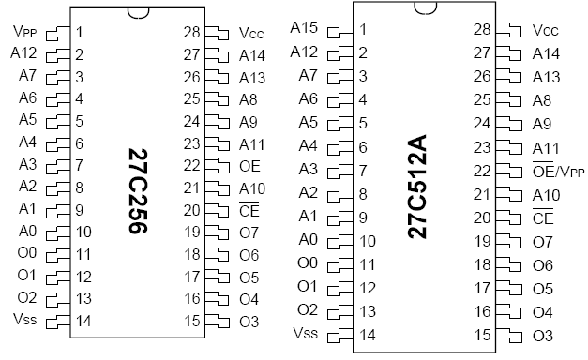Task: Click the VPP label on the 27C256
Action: [x=24, y=32]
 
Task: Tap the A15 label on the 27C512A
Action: [x=304, y=27]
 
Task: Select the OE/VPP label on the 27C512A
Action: [x=558, y=171]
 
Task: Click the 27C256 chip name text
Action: [x=138, y=191]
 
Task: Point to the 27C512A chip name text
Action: [x=417, y=187]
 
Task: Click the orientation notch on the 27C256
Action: [x=138, y=12]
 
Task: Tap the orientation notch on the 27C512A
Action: [x=425, y=8]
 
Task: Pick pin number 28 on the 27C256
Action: [x=191, y=32]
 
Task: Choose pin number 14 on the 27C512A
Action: [x=368, y=335]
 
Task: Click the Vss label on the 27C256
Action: [x=24, y=319]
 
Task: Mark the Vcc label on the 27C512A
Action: [x=545, y=30]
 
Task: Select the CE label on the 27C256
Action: [x=249, y=209]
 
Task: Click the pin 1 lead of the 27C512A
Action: [x=339, y=30]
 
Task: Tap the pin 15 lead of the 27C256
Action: [x=218, y=322]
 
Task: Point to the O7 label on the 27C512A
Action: [x=543, y=242]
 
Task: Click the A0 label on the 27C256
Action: [x=28, y=231]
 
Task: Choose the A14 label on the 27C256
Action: [x=252, y=55]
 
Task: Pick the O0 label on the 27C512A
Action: [x=308, y=263]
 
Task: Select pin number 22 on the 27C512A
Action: [x=482, y=171]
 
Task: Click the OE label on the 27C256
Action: [x=249, y=165]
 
